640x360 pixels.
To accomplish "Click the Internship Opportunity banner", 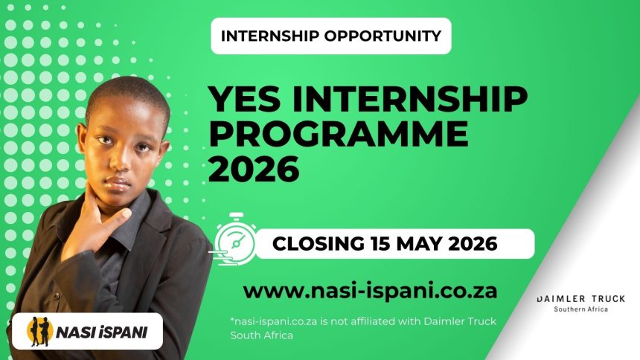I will pyautogui.click(x=331, y=36).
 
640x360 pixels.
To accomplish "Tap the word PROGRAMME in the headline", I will pyautogui.click(x=338, y=135).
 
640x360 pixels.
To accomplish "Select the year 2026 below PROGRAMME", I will pyautogui.click(x=253, y=170).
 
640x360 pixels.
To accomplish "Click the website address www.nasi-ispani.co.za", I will pyautogui.click(x=370, y=289).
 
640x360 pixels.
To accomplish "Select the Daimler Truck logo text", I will pyautogui.click(x=580, y=299).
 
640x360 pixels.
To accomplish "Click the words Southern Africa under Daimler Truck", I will pyautogui.click(x=580, y=309).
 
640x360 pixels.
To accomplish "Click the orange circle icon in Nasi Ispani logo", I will pyautogui.click(x=39, y=332).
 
